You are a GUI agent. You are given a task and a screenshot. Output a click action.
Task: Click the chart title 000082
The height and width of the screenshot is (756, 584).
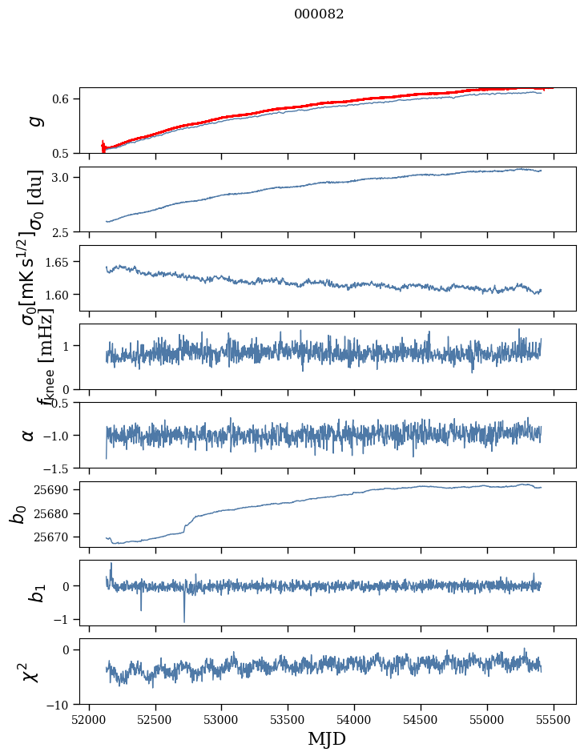pyautogui.click(x=319, y=14)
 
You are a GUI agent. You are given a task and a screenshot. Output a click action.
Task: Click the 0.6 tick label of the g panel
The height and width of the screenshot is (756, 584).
pyautogui.click(x=64, y=99)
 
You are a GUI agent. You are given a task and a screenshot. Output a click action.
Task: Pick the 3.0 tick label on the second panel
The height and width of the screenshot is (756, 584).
pyautogui.click(x=64, y=177)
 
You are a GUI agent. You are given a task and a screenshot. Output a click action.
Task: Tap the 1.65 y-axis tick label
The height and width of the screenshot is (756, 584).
pyautogui.click(x=58, y=262)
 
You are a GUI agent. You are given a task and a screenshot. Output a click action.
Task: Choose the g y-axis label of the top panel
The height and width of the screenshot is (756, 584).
pyautogui.click(x=34, y=120)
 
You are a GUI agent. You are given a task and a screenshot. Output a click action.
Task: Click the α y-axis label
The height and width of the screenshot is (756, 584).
pyautogui.click(x=29, y=435)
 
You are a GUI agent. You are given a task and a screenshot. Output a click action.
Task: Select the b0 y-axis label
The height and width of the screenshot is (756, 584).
pyautogui.click(x=18, y=513)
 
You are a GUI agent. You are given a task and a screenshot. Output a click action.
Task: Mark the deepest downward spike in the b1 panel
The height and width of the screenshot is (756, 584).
pyautogui.click(x=184, y=621)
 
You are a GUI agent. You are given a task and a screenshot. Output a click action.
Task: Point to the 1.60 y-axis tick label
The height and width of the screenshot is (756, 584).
pyautogui.click(x=58, y=295)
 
